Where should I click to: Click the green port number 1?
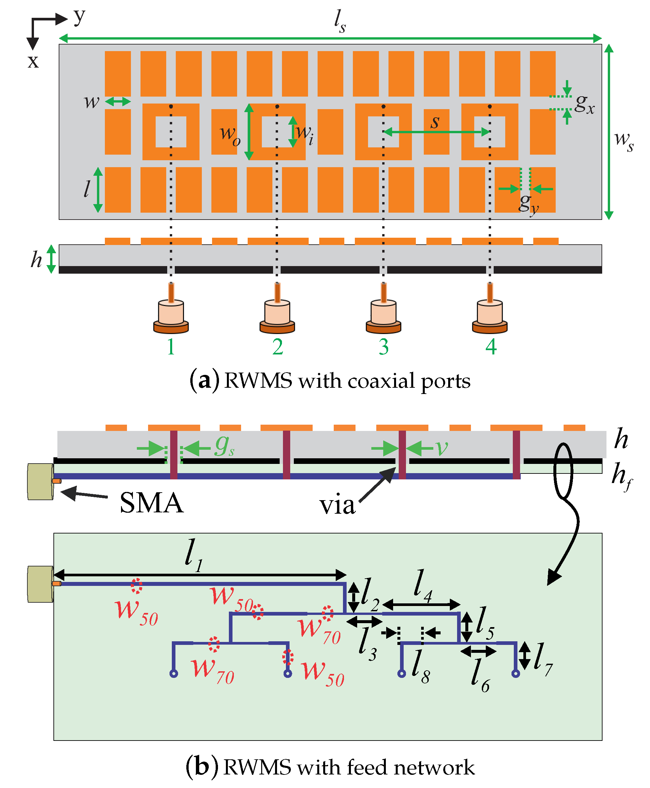[171, 347]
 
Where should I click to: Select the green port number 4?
[491, 347]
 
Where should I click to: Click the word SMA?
[152, 503]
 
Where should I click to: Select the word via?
[337, 505]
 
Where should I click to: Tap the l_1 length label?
[194, 555]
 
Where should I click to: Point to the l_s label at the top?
[340, 21]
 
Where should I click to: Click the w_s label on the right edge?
[624, 141]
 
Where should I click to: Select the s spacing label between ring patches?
[435, 122]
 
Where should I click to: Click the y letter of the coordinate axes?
[79, 16]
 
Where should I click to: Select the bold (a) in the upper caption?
[204, 381]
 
